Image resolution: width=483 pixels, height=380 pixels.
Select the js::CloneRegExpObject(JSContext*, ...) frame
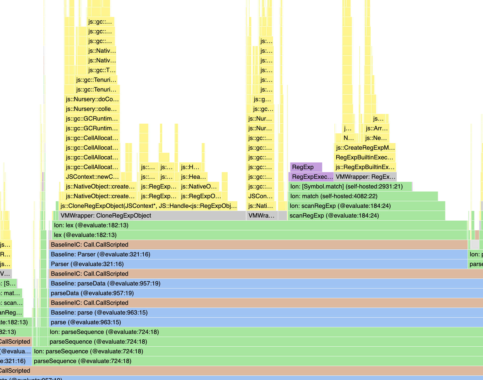(148, 206)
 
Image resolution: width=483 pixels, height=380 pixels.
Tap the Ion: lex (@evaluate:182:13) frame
(258, 225)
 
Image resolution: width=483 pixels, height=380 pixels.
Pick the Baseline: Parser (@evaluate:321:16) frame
(258, 254)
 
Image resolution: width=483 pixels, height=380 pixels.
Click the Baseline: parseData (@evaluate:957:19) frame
(264, 283)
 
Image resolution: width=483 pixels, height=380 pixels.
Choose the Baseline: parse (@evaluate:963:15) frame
(264, 312)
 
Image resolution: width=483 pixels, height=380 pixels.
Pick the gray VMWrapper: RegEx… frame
(365, 177)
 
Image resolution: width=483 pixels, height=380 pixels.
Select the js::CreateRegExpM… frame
(365, 148)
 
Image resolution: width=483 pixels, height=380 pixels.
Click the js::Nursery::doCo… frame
(92, 99)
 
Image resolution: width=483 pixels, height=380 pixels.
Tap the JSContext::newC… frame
(92, 177)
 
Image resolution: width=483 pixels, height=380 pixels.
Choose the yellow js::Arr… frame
(376, 128)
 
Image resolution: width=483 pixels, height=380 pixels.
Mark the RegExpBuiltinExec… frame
(365, 157)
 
